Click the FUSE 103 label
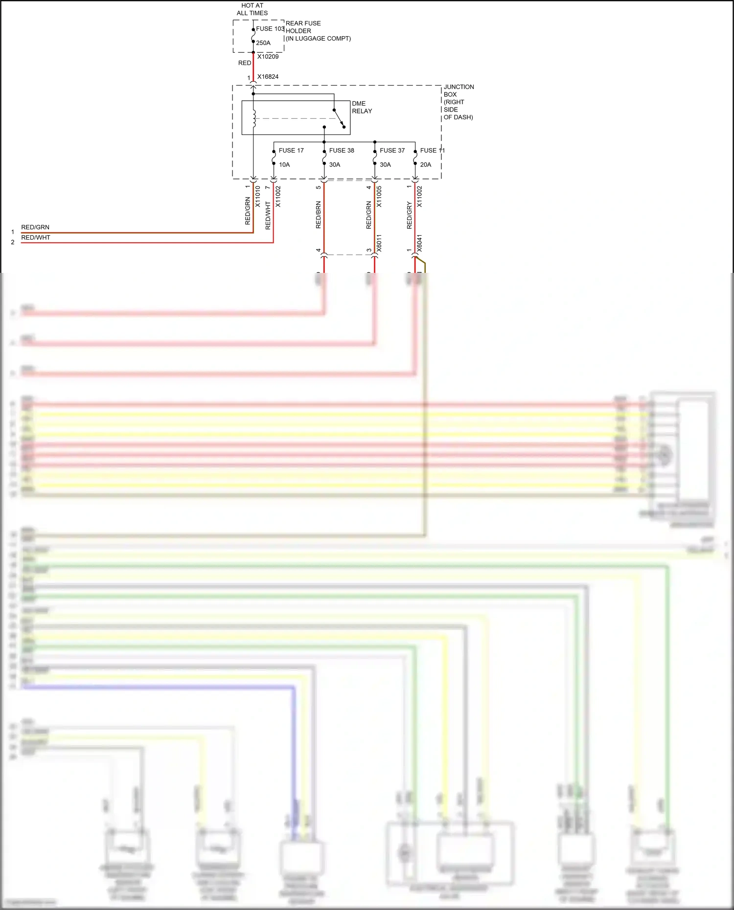click(x=270, y=29)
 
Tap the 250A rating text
click(x=263, y=43)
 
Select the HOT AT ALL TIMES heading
click(x=252, y=9)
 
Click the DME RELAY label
click(x=362, y=107)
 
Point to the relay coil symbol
click(x=254, y=119)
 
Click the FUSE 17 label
click(x=291, y=151)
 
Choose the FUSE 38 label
click(x=342, y=151)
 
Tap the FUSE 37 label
click(x=392, y=151)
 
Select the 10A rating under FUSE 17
click(x=284, y=165)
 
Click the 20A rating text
click(x=426, y=165)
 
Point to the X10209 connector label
click(x=268, y=57)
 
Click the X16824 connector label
click(x=268, y=77)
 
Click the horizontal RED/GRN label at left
click(x=35, y=227)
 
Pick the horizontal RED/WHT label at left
click(x=36, y=238)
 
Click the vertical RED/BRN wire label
click(x=319, y=215)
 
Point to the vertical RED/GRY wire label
click(x=410, y=215)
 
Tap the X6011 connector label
click(x=379, y=244)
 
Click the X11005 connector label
click(x=379, y=197)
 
